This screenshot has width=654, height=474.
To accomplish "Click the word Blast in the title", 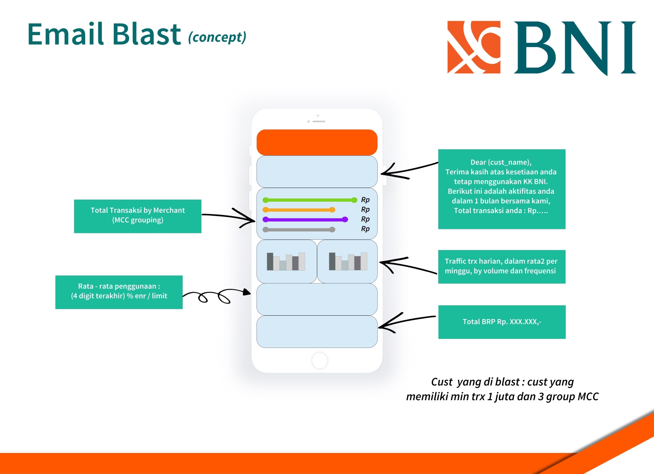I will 146,34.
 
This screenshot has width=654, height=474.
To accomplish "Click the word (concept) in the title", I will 217,37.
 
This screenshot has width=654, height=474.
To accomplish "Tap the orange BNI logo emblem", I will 474,47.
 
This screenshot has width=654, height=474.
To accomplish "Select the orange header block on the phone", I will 317,142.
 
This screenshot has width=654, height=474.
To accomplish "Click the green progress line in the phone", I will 309,200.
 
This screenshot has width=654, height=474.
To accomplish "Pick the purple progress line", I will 305,219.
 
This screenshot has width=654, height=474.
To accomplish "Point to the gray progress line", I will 298,229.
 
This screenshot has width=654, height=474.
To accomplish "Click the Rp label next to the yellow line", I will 365,210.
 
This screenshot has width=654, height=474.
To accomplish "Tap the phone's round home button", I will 320,360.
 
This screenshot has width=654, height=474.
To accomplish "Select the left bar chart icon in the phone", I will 286,262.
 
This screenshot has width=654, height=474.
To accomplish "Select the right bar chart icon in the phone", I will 347,262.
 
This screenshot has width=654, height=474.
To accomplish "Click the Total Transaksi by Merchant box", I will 137,216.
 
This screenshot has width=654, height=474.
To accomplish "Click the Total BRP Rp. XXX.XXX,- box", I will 502,322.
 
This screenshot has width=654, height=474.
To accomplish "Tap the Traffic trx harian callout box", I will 501,267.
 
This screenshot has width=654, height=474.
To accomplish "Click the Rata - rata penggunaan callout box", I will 119,292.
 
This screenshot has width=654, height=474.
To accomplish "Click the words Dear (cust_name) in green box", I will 501,162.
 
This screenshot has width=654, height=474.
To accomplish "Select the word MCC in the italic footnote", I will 588,397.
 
